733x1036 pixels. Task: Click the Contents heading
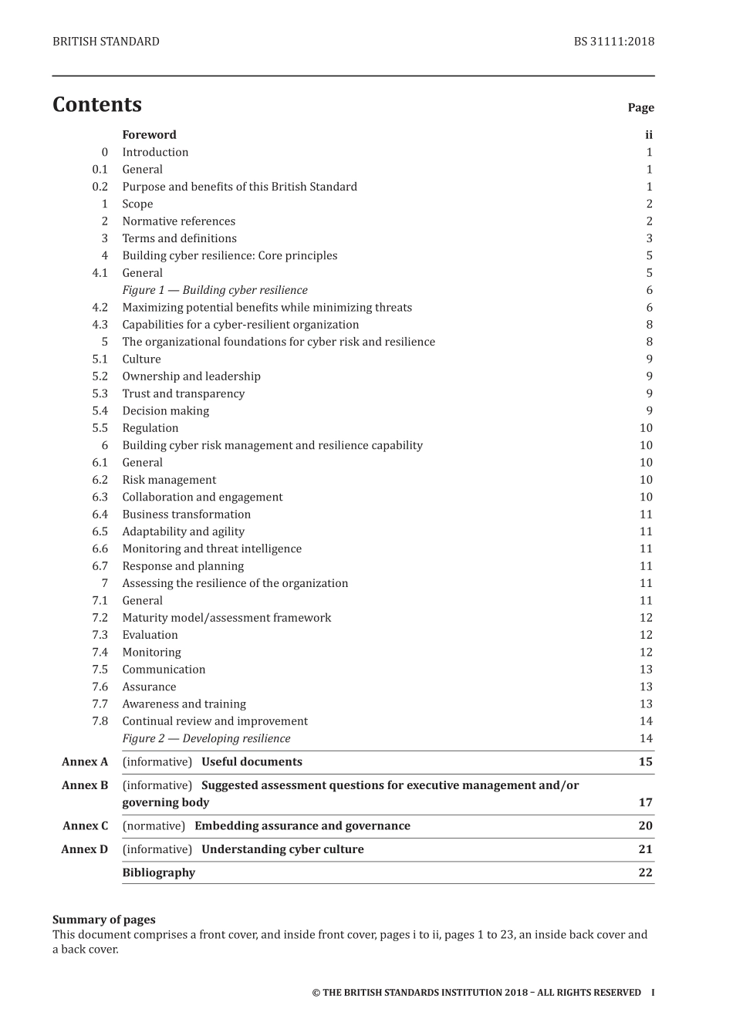(97, 105)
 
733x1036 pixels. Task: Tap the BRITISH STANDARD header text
(106, 42)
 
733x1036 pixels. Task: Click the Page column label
(640, 108)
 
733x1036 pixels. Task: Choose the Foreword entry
(149, 135)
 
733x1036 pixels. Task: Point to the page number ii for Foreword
(649, 135)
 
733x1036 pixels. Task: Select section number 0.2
(100, 187)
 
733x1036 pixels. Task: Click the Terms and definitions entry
(179, 238)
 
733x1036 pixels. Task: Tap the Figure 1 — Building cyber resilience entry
(214, 290)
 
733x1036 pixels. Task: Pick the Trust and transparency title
(183, 393)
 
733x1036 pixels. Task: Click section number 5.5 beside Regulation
(100, 428)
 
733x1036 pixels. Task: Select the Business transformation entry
(186, 515)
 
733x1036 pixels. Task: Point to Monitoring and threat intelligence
(211, 548)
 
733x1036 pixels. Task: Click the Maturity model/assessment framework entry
(226, 618)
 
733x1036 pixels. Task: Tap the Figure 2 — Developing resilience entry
(206, 738)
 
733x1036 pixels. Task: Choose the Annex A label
(85, 762)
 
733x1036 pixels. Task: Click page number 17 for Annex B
(646, 802)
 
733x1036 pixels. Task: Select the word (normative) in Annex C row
(154, 826)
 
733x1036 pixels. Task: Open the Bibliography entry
(158, 872)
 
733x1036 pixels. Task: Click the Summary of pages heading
(103, 920)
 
